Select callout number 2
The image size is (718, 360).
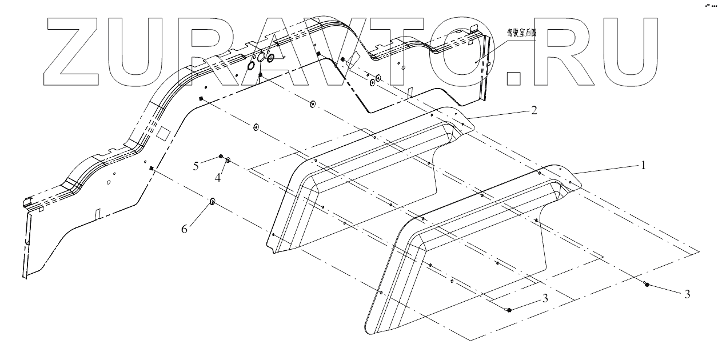pyautogui.click(x=533, y=110)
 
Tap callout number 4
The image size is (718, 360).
pyautogui.click(x=218, y=178)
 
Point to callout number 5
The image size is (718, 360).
pyautogui.click(x=196, y=166)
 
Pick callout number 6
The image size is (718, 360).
pyautogui.click(x=184, y=229)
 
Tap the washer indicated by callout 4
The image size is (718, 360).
pyautogui.click(x=228, y=161)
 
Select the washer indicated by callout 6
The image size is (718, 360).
pyautogui.click(x=212, y=201)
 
